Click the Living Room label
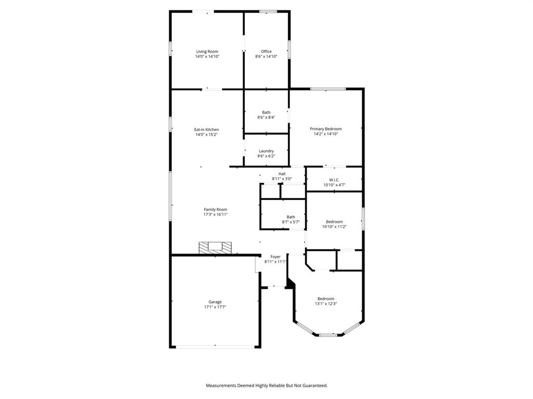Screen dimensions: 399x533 point(207,51)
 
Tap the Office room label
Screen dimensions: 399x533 point(266,51)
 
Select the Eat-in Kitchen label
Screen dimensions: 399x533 point(207,129)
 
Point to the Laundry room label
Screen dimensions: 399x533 point(266,151)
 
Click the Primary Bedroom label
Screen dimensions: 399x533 point(326,129)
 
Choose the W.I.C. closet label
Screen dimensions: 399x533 point(334,180)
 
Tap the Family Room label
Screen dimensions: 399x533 point(215,209)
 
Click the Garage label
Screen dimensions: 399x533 point(215,302)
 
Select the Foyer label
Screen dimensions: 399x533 point(275,257)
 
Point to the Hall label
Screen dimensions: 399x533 point(282,174)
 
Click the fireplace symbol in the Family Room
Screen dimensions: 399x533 point(214,247)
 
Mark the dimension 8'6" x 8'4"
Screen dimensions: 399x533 point(266,117)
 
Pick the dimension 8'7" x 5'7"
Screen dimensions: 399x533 point(290,222)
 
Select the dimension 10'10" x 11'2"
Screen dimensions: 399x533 point(334,227)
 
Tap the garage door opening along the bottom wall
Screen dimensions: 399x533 point(215,347)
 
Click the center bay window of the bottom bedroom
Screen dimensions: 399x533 point(328,335)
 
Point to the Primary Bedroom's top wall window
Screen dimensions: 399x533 point(328,89)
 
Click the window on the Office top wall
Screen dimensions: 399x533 point(268,11)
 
